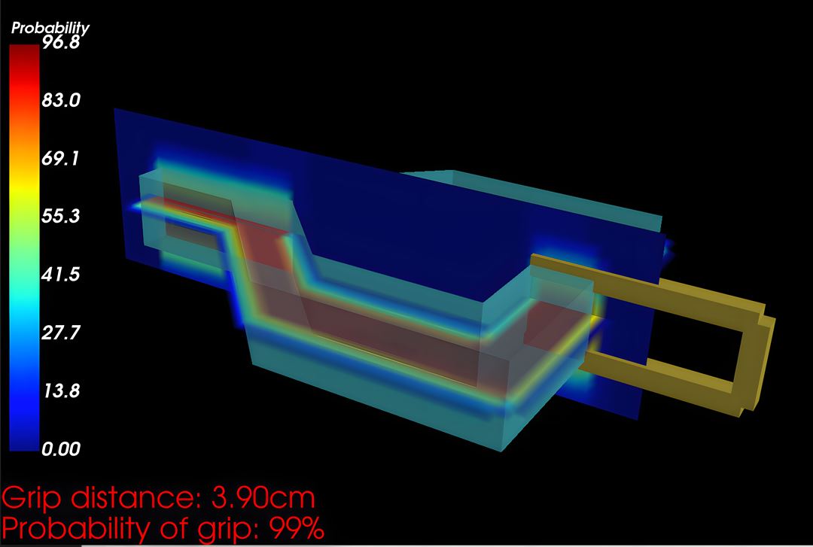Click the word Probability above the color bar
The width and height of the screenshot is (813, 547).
(x=50, y=28)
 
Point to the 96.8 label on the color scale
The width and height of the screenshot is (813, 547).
(x=61, y=43)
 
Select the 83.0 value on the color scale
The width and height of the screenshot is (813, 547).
(x=61, y=100)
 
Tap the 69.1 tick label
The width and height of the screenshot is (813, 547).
(x=61, y=158)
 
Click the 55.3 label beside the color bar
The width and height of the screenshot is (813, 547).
(x=61, y=216)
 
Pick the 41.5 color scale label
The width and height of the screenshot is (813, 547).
(x=61, y=274)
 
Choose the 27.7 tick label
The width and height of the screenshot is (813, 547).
(x=61, y=333)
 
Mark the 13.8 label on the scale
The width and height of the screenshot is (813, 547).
(x=61, y=390)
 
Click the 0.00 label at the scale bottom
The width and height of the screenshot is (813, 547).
(x=61, y=448)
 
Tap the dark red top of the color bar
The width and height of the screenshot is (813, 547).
(x=24, y=57)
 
